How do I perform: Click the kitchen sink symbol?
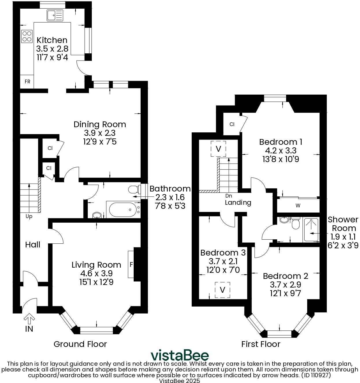point(55,15)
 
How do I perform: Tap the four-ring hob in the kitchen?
point(27,36)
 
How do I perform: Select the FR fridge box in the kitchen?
point(27,82)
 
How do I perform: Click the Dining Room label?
point(100,125)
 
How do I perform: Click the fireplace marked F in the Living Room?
point(131,264)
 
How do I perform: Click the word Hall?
point(33,245)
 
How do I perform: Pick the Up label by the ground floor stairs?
point(29,216)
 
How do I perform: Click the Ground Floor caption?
point(80,344)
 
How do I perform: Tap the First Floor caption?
point(261,344)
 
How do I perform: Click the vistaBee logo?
point(180,355)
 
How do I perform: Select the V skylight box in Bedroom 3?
point(222,290)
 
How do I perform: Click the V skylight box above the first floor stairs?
point(219,149)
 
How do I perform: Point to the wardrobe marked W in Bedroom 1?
point(298,206)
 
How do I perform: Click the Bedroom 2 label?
point(286,276)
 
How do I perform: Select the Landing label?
point(238,202)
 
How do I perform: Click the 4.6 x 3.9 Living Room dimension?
point(96,273)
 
